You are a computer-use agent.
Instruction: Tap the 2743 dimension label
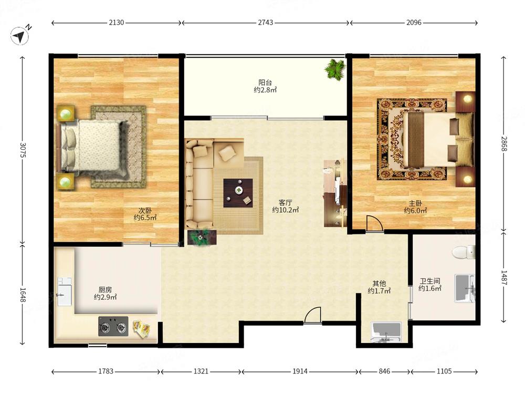(265, 23)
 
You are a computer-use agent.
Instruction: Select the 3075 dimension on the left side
(23, 150)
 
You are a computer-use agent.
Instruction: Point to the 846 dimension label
(384, 371)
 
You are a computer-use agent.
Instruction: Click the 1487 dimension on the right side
(504, 277)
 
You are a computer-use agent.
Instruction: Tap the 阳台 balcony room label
(265, 82)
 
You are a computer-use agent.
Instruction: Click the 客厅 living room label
(286, 203)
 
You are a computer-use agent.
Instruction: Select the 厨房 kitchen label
(105, 290)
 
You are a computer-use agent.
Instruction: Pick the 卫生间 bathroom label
(430, 281)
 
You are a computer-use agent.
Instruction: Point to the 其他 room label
(380, 284)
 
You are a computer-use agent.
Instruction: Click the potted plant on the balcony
(335, 69)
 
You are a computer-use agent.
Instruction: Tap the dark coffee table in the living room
(238, 193)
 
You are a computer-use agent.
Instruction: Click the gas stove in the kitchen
(113, 326)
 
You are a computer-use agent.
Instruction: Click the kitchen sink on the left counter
(65, 292)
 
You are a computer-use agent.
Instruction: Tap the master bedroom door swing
(374, 223)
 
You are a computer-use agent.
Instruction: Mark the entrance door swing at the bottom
(313, 316)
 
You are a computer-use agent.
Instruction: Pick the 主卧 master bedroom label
(415, 203)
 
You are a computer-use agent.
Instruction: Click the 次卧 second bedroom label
(145, 211)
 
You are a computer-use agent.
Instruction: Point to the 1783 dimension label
(106, 371)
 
